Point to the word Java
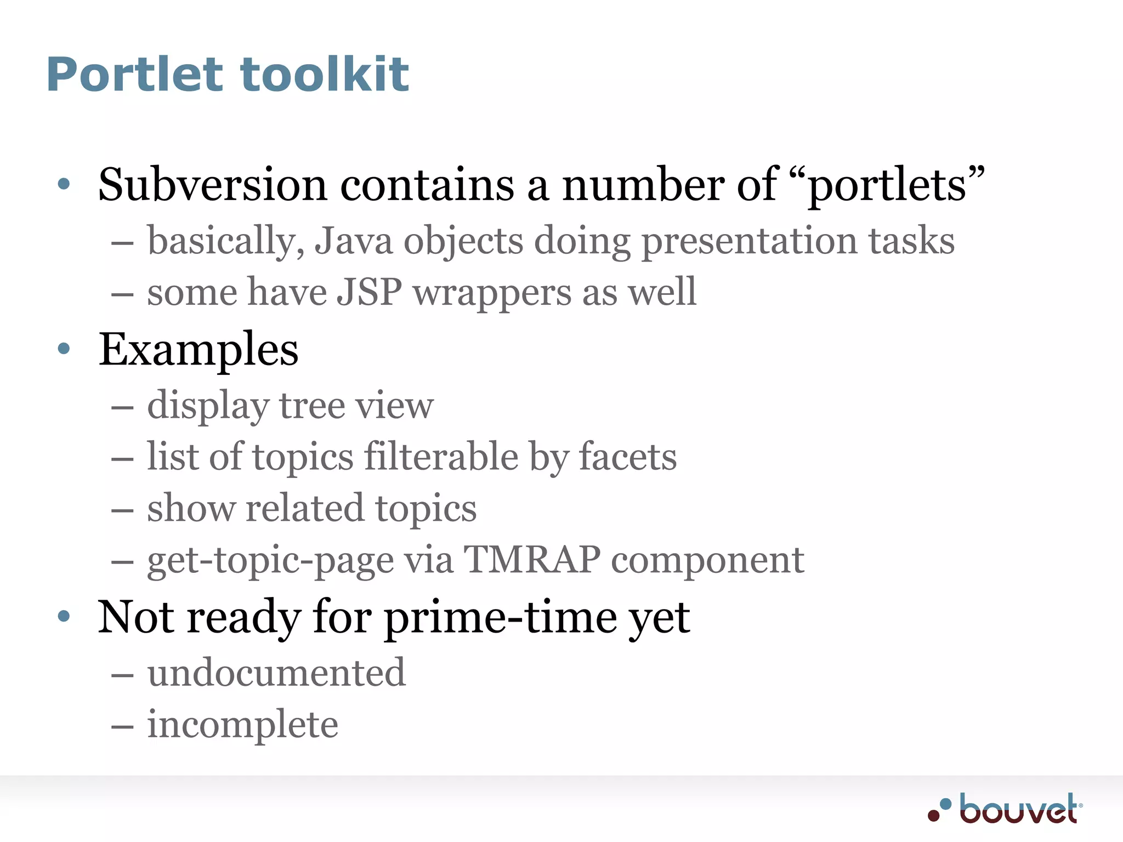(353, 241)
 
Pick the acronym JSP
(369, 292)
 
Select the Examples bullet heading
(198, 350)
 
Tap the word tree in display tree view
(311, 406)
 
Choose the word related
(304, 508)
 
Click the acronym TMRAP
(532, 560)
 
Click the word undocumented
(276, 673)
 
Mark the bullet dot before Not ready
(64, 616)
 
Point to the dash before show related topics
(122, 510)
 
